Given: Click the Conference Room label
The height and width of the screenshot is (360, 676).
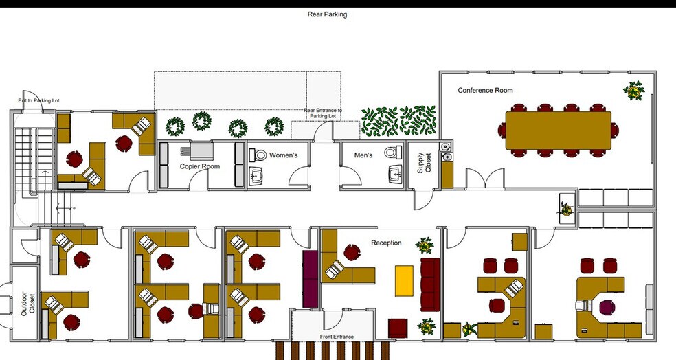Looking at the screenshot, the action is pyautogui.click(x=485, y=90).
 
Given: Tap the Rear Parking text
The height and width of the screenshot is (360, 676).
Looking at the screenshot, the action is pyautogui.click(x=327, y=14).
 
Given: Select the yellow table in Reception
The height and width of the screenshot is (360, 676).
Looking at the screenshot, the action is pyautogui.click(x=404, y=281).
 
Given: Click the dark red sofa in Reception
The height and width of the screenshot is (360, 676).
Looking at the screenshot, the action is pyautogui.click(x=430, y=284).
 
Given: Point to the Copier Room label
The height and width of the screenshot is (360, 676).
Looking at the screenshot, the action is pyautogui.click(x=200, y=166).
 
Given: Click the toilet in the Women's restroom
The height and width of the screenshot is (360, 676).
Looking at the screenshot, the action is pyautogui.click(x=259, y=155).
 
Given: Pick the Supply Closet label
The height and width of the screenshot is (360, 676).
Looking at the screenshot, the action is pyautogui.click(x=424, y=163).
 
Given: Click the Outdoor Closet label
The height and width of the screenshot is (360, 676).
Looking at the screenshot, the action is pyautogui.click(x=28, y=304).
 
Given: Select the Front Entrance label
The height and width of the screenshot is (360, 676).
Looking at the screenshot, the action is pyautogui.click(x=337, y=337).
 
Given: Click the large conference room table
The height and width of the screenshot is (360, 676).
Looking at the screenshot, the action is pyautogui.click(x=559, y=131).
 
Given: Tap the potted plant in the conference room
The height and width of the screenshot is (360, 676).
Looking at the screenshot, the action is pyautogui.click(x=633, y=91).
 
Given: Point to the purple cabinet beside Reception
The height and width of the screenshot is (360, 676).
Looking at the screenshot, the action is pyautogui.click(x=311, y=279).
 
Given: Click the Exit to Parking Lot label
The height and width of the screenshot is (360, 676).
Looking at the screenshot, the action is pyautogui.click(x=38, y=100).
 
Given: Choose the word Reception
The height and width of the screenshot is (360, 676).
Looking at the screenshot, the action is pyautogui.click(x=386, y=243).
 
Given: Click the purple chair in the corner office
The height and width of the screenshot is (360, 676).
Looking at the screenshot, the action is pyautogui.click(x=607, y=307).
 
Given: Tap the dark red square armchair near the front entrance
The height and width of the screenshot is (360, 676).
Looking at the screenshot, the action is pyautogui.click(x=398, y=328).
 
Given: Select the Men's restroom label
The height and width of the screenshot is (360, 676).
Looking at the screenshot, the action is pyautogui.click(x=363, y=155).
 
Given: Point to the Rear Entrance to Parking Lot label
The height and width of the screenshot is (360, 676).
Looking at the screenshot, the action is pyautogui.click(x=323, y=113).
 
